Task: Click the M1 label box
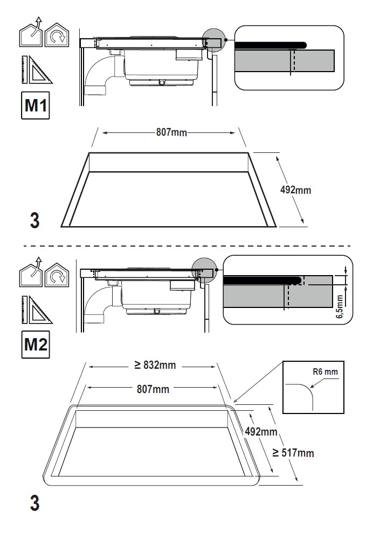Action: click(x=36, y=106)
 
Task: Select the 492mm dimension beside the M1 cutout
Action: click(x=296, y=190)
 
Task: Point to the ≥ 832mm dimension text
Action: click(x=155, y=366)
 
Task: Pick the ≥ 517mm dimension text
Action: click(x=293, y=453)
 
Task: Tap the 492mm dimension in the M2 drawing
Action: click(x=261, y=431)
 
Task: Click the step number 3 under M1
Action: click(x=34, y=221)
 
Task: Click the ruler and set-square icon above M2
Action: click(x=36, y=309)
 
